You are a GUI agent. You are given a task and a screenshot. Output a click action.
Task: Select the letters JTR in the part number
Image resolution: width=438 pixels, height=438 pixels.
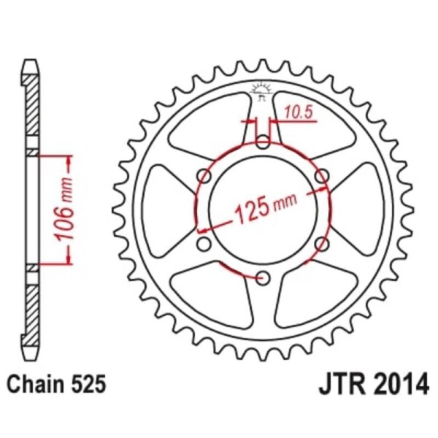click(340, 385)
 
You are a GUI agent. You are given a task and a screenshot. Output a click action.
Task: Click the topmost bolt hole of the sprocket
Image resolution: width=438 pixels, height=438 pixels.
click(262, 142)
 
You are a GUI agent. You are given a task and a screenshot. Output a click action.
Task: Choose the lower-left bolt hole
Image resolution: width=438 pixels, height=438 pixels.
click(204, 243)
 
